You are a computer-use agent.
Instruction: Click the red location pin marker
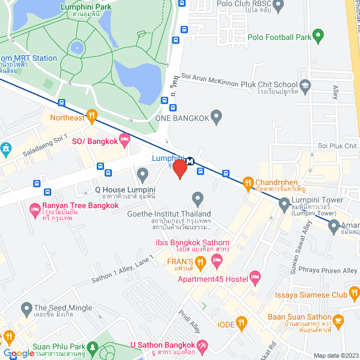click(179, 168)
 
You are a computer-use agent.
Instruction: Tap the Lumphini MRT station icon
click(190, 161)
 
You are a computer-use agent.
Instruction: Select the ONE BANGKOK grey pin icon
click(217, 118)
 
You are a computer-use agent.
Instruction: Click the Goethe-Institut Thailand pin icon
click(197, 199)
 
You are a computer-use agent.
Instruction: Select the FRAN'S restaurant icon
click(201, 263)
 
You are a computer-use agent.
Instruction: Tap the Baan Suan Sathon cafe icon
click(338, 320)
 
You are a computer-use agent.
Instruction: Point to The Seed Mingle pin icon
click(26, 308)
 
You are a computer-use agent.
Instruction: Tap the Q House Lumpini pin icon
click(143, 177)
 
